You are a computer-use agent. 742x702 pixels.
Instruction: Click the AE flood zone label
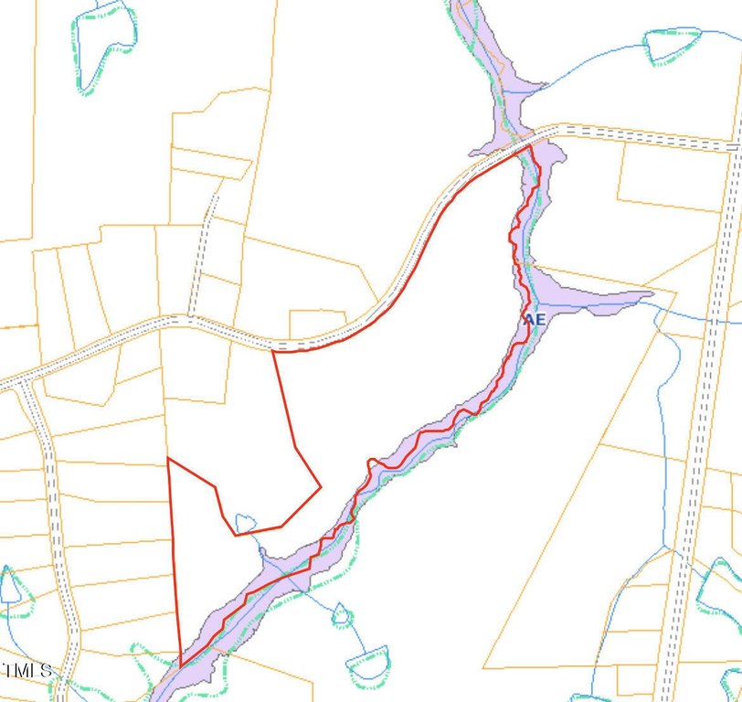(x=535, y=320)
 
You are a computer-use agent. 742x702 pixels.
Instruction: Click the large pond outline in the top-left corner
(x=104, y=46)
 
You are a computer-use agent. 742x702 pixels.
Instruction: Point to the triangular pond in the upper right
(x=673, y=44)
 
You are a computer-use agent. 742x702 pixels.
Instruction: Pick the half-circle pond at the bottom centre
(x=368, y=662)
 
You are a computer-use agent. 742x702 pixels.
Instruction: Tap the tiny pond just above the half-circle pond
(x=341, y=614)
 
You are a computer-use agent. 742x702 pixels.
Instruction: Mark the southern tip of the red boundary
(x=181, y=665)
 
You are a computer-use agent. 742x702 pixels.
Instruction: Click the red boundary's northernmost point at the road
(x=530, y=145)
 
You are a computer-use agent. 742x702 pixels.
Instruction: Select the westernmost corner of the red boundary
(x=168, y=459)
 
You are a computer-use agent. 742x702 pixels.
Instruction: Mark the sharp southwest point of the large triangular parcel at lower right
(x=484, y=667)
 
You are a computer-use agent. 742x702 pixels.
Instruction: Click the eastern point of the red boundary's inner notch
(x=320, y=487)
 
